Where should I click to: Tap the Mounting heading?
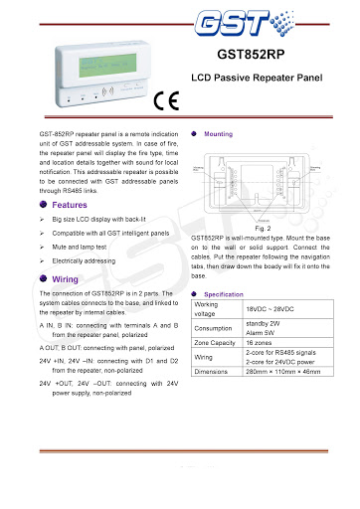pyautogui.click(x=218, y=133)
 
